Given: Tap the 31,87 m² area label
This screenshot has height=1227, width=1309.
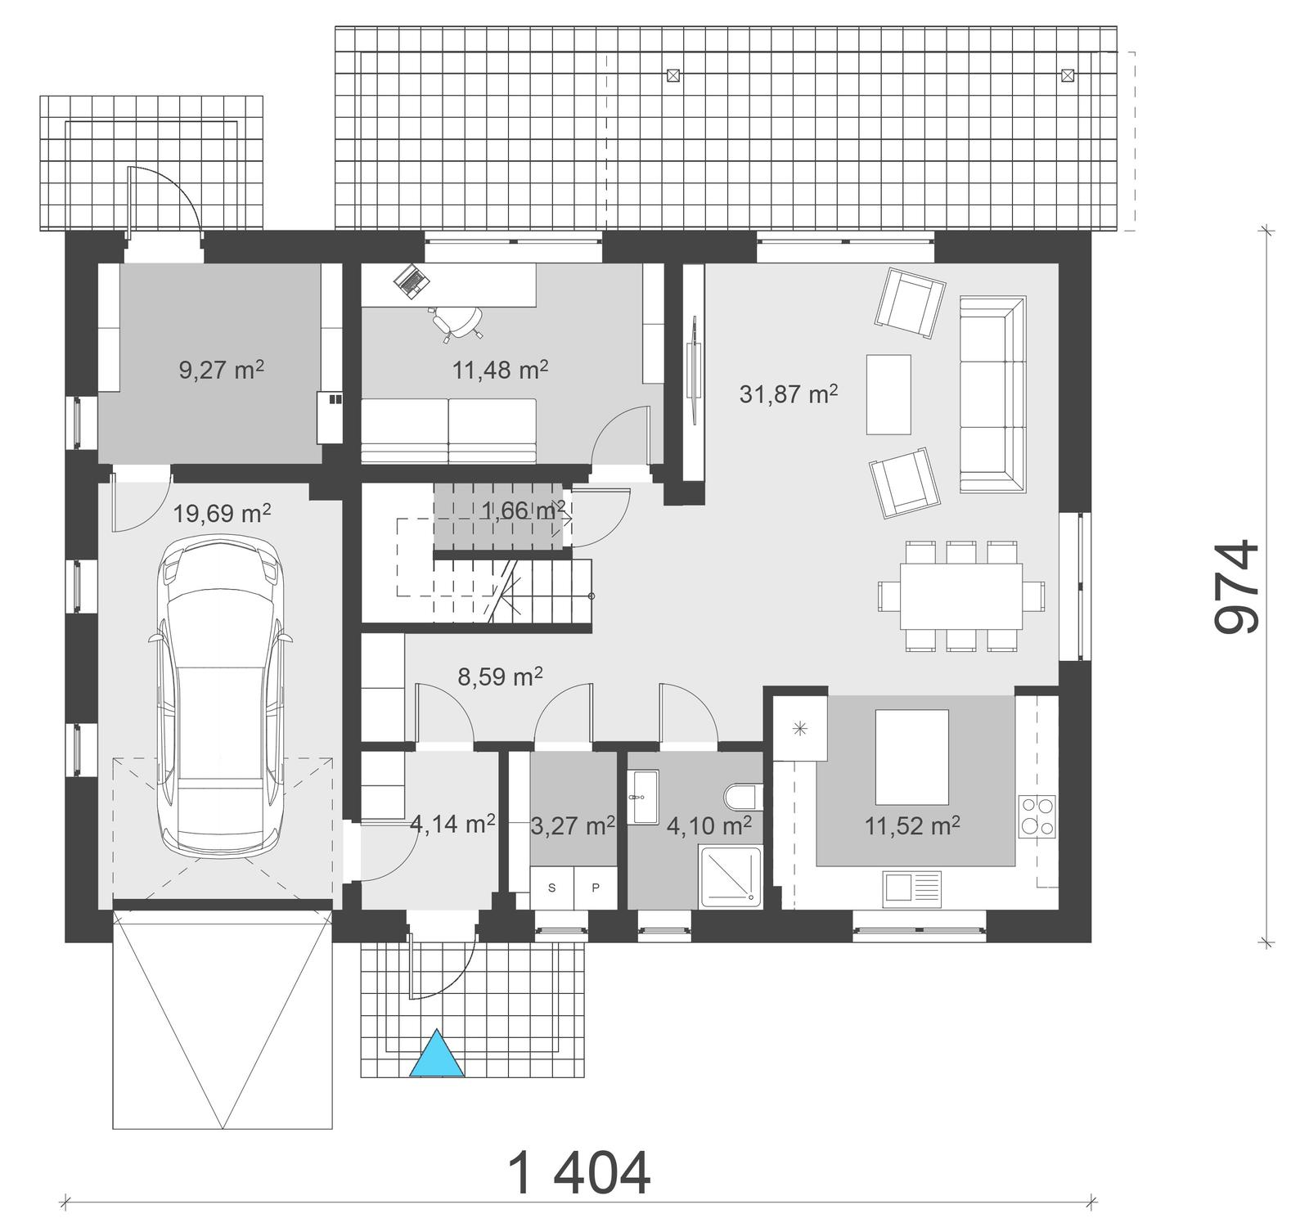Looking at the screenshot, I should click(788, 394).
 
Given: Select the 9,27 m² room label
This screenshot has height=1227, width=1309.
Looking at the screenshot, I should click(221, 370).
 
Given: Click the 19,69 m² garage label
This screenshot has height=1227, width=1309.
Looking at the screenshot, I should click(222, 514).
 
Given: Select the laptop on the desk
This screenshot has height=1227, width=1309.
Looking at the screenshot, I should click(412, 281).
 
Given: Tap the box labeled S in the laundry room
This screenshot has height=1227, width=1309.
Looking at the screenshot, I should click(551, 888).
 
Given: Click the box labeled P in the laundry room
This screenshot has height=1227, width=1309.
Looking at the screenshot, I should click(595, 888).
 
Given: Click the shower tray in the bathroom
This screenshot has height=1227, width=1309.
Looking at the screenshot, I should click(731, 877).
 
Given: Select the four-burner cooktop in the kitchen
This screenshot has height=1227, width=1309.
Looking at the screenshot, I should click(1036, 816).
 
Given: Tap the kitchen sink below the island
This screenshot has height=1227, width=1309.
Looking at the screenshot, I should click(911, 887).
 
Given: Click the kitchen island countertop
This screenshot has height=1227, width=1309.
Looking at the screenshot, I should click(911, 757).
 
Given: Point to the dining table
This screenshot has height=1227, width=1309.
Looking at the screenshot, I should click(960, 596).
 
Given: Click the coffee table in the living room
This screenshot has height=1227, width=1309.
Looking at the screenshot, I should click(888, 394).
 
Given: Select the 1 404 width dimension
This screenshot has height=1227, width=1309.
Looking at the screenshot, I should click(579, 1173).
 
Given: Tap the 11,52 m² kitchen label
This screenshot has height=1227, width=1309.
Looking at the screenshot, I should click(912, 826).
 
